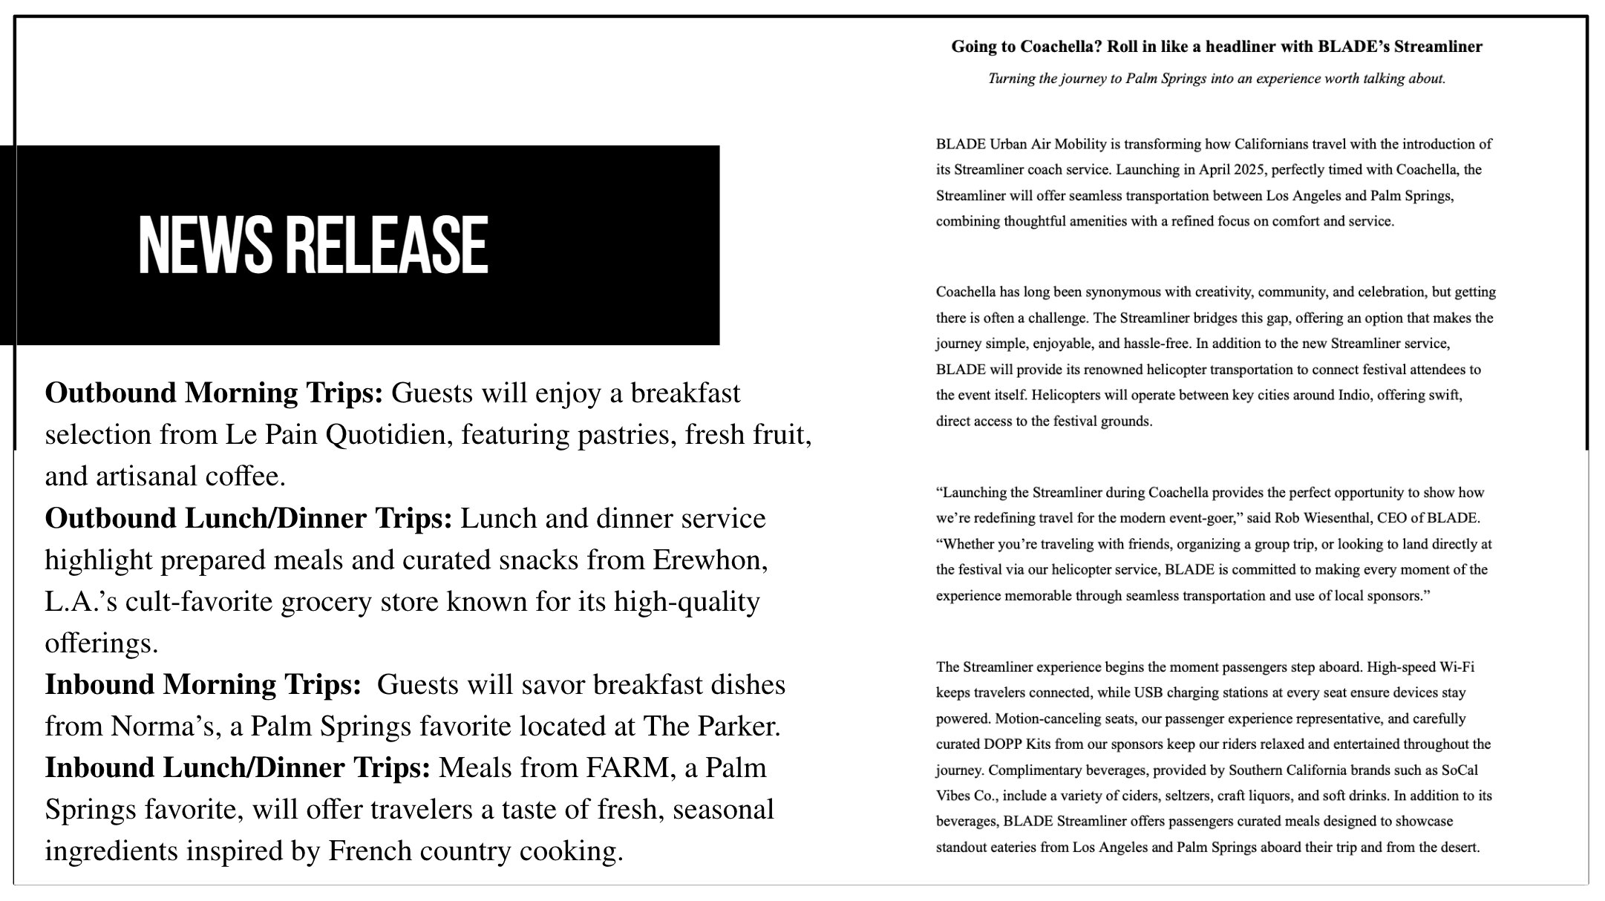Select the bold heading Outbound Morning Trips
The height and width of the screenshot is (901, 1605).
tap(214, 393)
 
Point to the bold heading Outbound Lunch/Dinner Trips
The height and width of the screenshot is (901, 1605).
tap(248, 518)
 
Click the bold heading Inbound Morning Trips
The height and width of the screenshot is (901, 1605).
tap(203, 684)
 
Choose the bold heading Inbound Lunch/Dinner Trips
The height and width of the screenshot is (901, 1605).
tap(238, 767)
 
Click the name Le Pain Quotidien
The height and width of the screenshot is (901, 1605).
tap(339, 434)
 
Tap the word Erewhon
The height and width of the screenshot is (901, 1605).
tap(710, 560)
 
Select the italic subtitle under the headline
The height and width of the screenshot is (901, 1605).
tap(1216, 79)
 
